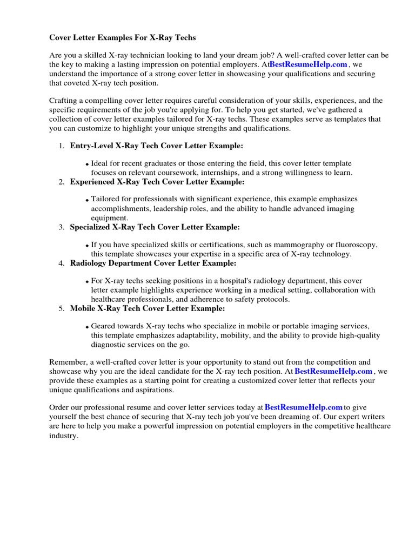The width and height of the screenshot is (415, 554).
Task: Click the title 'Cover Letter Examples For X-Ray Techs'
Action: (123, 38)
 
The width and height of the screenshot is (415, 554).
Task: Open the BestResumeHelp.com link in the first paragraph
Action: (308, 64)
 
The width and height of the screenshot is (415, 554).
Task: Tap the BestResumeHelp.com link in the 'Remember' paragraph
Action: (333, 371)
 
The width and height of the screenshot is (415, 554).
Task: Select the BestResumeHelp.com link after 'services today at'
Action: (304, 407)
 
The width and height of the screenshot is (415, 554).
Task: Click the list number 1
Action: (61, 146)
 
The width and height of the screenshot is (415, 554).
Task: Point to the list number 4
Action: (61, 263)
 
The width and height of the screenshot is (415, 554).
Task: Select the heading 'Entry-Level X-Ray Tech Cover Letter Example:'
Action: (157, 146)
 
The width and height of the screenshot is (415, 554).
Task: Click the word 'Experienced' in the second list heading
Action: (92, 182)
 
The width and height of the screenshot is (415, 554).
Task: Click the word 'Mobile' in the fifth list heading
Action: (83, 308)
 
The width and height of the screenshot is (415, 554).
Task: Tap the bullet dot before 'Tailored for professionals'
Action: (87, 201)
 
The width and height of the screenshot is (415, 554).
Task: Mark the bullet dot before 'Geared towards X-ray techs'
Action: (87, 327)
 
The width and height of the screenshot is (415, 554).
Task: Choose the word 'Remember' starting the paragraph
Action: (67, 362)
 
